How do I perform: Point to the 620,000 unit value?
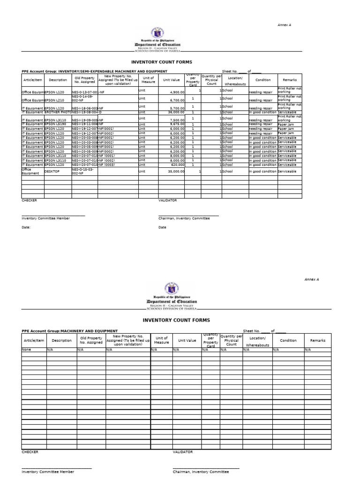pos(177,165)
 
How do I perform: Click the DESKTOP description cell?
pos(52,172)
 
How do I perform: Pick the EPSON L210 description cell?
pos(54,100)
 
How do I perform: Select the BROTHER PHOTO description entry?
pos(58,112)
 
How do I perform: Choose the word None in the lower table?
pos(26,350)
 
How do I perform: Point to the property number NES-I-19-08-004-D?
pos(87,112)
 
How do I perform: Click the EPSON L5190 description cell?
pos(54,124)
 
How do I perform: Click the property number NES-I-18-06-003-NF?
pos(88,108)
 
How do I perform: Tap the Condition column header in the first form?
pos(263,80)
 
